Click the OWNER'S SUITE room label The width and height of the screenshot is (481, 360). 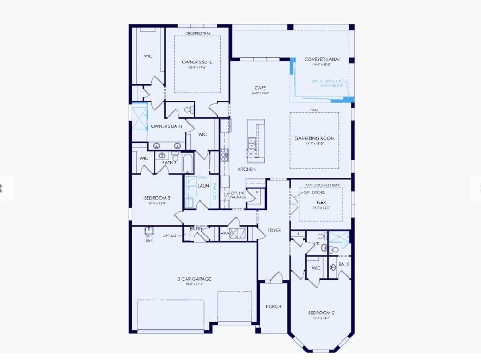197,62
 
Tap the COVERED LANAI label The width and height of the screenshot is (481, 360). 322,60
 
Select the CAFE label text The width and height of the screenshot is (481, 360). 260,88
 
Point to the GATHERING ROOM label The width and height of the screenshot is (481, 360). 314,138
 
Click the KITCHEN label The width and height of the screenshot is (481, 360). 246,169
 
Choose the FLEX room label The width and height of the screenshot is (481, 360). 321,202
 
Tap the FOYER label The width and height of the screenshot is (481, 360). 274,230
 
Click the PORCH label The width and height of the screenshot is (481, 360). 273,306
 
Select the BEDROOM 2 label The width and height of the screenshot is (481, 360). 321,313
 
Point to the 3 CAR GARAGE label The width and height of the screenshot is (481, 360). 194,279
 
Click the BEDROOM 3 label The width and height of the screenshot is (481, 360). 157,198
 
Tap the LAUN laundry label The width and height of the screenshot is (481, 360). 203,186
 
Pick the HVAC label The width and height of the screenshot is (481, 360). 226,233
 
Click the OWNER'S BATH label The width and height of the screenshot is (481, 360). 166,126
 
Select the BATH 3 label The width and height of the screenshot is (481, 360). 169,163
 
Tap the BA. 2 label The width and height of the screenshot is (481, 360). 344,264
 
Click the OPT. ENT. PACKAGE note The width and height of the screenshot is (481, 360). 238,195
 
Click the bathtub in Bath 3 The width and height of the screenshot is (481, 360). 186,163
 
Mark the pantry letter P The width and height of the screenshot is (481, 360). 257,193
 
